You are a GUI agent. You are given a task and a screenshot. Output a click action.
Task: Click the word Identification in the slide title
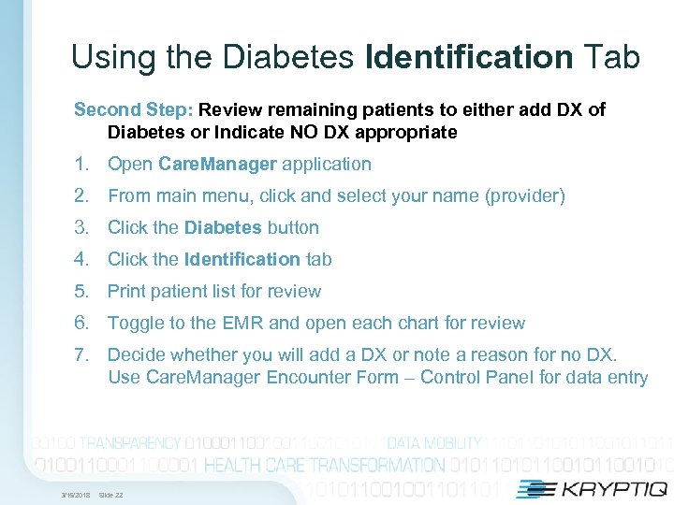(470, 58)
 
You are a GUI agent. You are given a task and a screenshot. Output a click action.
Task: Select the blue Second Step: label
(133, 109)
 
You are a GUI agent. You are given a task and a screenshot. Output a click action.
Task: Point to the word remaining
(304, 109)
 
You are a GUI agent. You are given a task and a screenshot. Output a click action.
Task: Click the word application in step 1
(327, 164)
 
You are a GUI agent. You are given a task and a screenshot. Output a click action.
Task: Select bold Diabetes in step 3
(223, 227)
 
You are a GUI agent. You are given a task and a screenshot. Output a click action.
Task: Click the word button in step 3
(293, 227)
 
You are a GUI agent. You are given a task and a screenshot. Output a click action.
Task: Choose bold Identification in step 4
(242, 259)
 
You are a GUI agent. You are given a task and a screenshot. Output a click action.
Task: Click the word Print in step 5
(126, 291)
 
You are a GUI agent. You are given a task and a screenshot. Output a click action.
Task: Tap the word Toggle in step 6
(136, 323)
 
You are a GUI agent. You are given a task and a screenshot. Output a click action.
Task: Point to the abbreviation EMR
(246, 323)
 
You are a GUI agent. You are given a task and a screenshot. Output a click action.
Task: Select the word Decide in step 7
(137, 354)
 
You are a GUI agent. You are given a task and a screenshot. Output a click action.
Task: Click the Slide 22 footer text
(110, 494)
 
